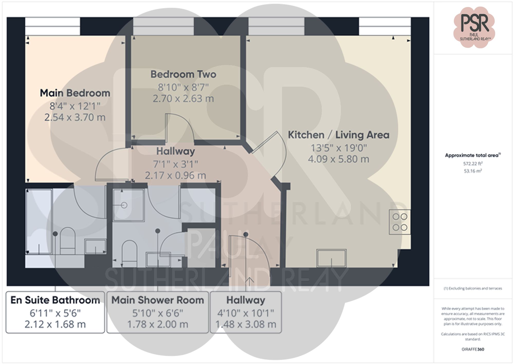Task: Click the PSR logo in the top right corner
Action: (474, 27)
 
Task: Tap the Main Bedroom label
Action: (75, 93)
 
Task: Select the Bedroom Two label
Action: (183, 74)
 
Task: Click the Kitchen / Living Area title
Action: (338, 135)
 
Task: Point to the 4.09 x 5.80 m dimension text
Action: (338, 159)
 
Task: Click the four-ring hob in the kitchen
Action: (400, 222)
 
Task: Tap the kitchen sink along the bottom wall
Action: (331, 258)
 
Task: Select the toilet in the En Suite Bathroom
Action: (67, 241)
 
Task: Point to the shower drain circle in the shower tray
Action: (124, 205)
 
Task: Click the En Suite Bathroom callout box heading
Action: (55, 300)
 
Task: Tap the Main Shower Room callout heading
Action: (158, 300)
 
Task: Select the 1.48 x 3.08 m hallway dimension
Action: (246, 324)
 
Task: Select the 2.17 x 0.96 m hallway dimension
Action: (176, 175)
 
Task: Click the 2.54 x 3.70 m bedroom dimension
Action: (75, 118)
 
